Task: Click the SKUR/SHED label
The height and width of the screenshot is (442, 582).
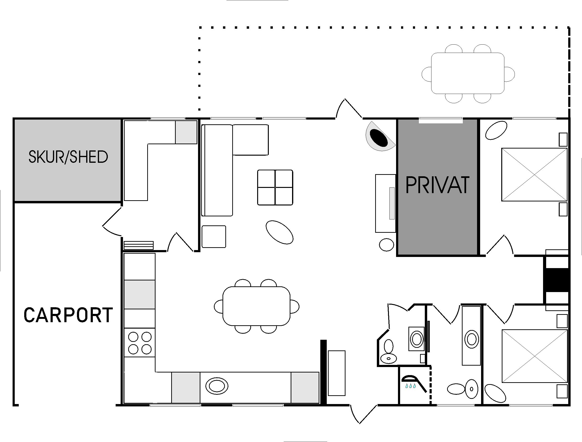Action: coord(68,157)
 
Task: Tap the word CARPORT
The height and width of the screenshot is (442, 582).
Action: coord(68,315)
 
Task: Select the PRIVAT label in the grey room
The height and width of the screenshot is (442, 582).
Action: coord(437,185)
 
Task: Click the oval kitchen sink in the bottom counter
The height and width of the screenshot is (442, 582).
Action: coord(217,386)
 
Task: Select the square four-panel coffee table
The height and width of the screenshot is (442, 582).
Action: coord(275,187)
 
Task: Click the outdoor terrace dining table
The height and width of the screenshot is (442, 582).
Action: coord(468,73)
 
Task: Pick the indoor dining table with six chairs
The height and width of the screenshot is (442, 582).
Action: coord(256,306)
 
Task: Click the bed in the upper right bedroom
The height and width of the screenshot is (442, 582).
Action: coord(534,175)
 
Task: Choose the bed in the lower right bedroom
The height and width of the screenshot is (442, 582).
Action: coord(535,356)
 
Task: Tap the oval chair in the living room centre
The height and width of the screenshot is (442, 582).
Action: coord(279,232)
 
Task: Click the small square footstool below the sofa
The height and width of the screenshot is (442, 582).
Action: coord(214,237)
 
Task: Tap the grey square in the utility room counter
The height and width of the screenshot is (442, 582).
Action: coord(186,132)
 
